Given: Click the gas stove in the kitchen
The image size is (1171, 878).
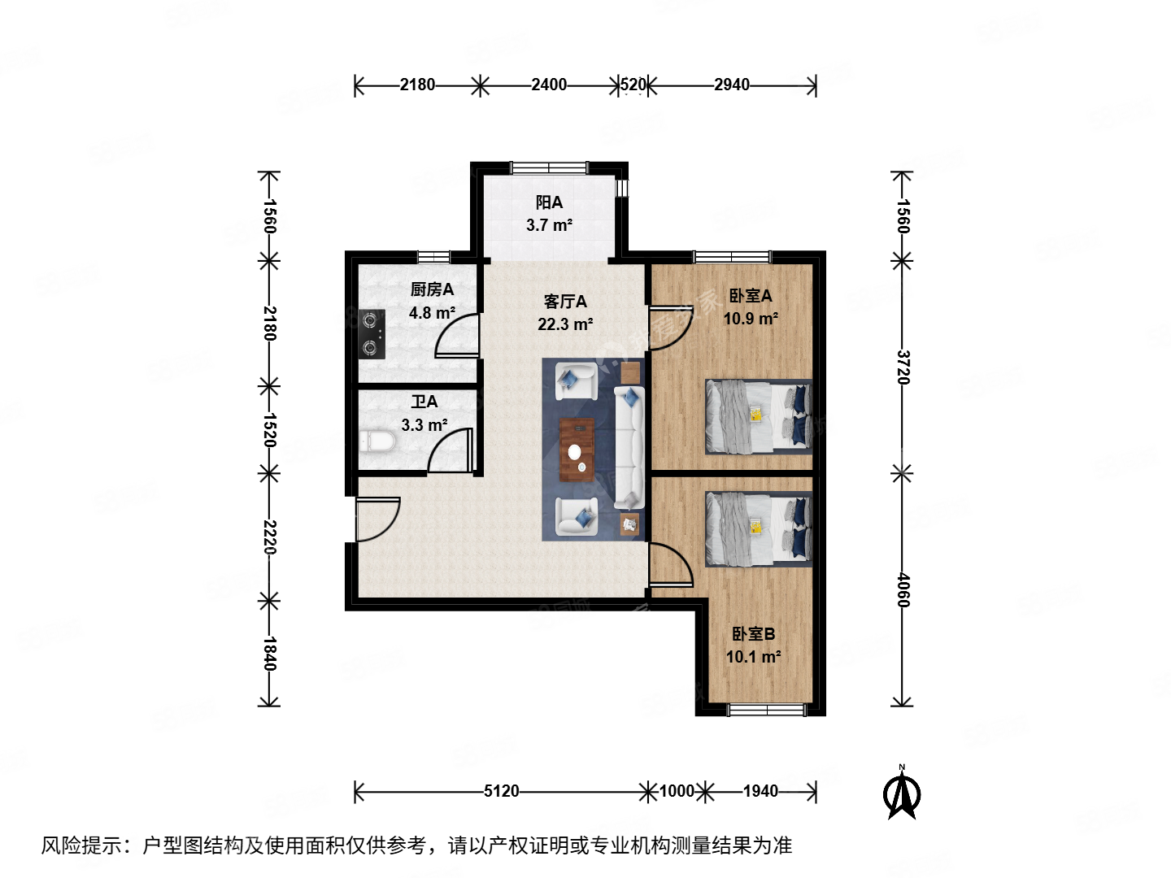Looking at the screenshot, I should tap(372, 334).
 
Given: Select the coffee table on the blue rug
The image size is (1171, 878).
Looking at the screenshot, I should tap(577, 450).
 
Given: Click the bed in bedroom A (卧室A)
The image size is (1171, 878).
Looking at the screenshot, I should tap(758, 415).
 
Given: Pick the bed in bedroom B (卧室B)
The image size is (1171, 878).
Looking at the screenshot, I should tap(758, 528).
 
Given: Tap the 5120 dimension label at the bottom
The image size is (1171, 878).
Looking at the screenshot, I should tap(501, 791).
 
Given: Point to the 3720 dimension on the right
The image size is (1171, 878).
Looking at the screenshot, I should tap(903, 367).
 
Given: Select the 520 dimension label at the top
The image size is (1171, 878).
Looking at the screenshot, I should tap(633, 85).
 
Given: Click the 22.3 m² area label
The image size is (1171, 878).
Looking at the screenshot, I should tap(565, 324).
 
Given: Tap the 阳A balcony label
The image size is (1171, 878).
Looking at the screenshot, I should tap(549, 202).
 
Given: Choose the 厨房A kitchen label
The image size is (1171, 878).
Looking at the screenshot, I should tap(432, 289).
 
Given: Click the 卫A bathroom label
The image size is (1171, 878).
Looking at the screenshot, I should tap(424, 402).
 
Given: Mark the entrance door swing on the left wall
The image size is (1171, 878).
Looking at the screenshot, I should tap(376, 519).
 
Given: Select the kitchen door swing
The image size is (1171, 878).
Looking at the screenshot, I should tap(458, 337).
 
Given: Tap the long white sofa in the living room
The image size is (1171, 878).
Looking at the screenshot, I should tap(629, 447).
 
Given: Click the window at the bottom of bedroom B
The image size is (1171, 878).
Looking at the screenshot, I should tap(766, 711).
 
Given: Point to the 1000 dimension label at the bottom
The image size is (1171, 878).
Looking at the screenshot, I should tap(677, 791).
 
